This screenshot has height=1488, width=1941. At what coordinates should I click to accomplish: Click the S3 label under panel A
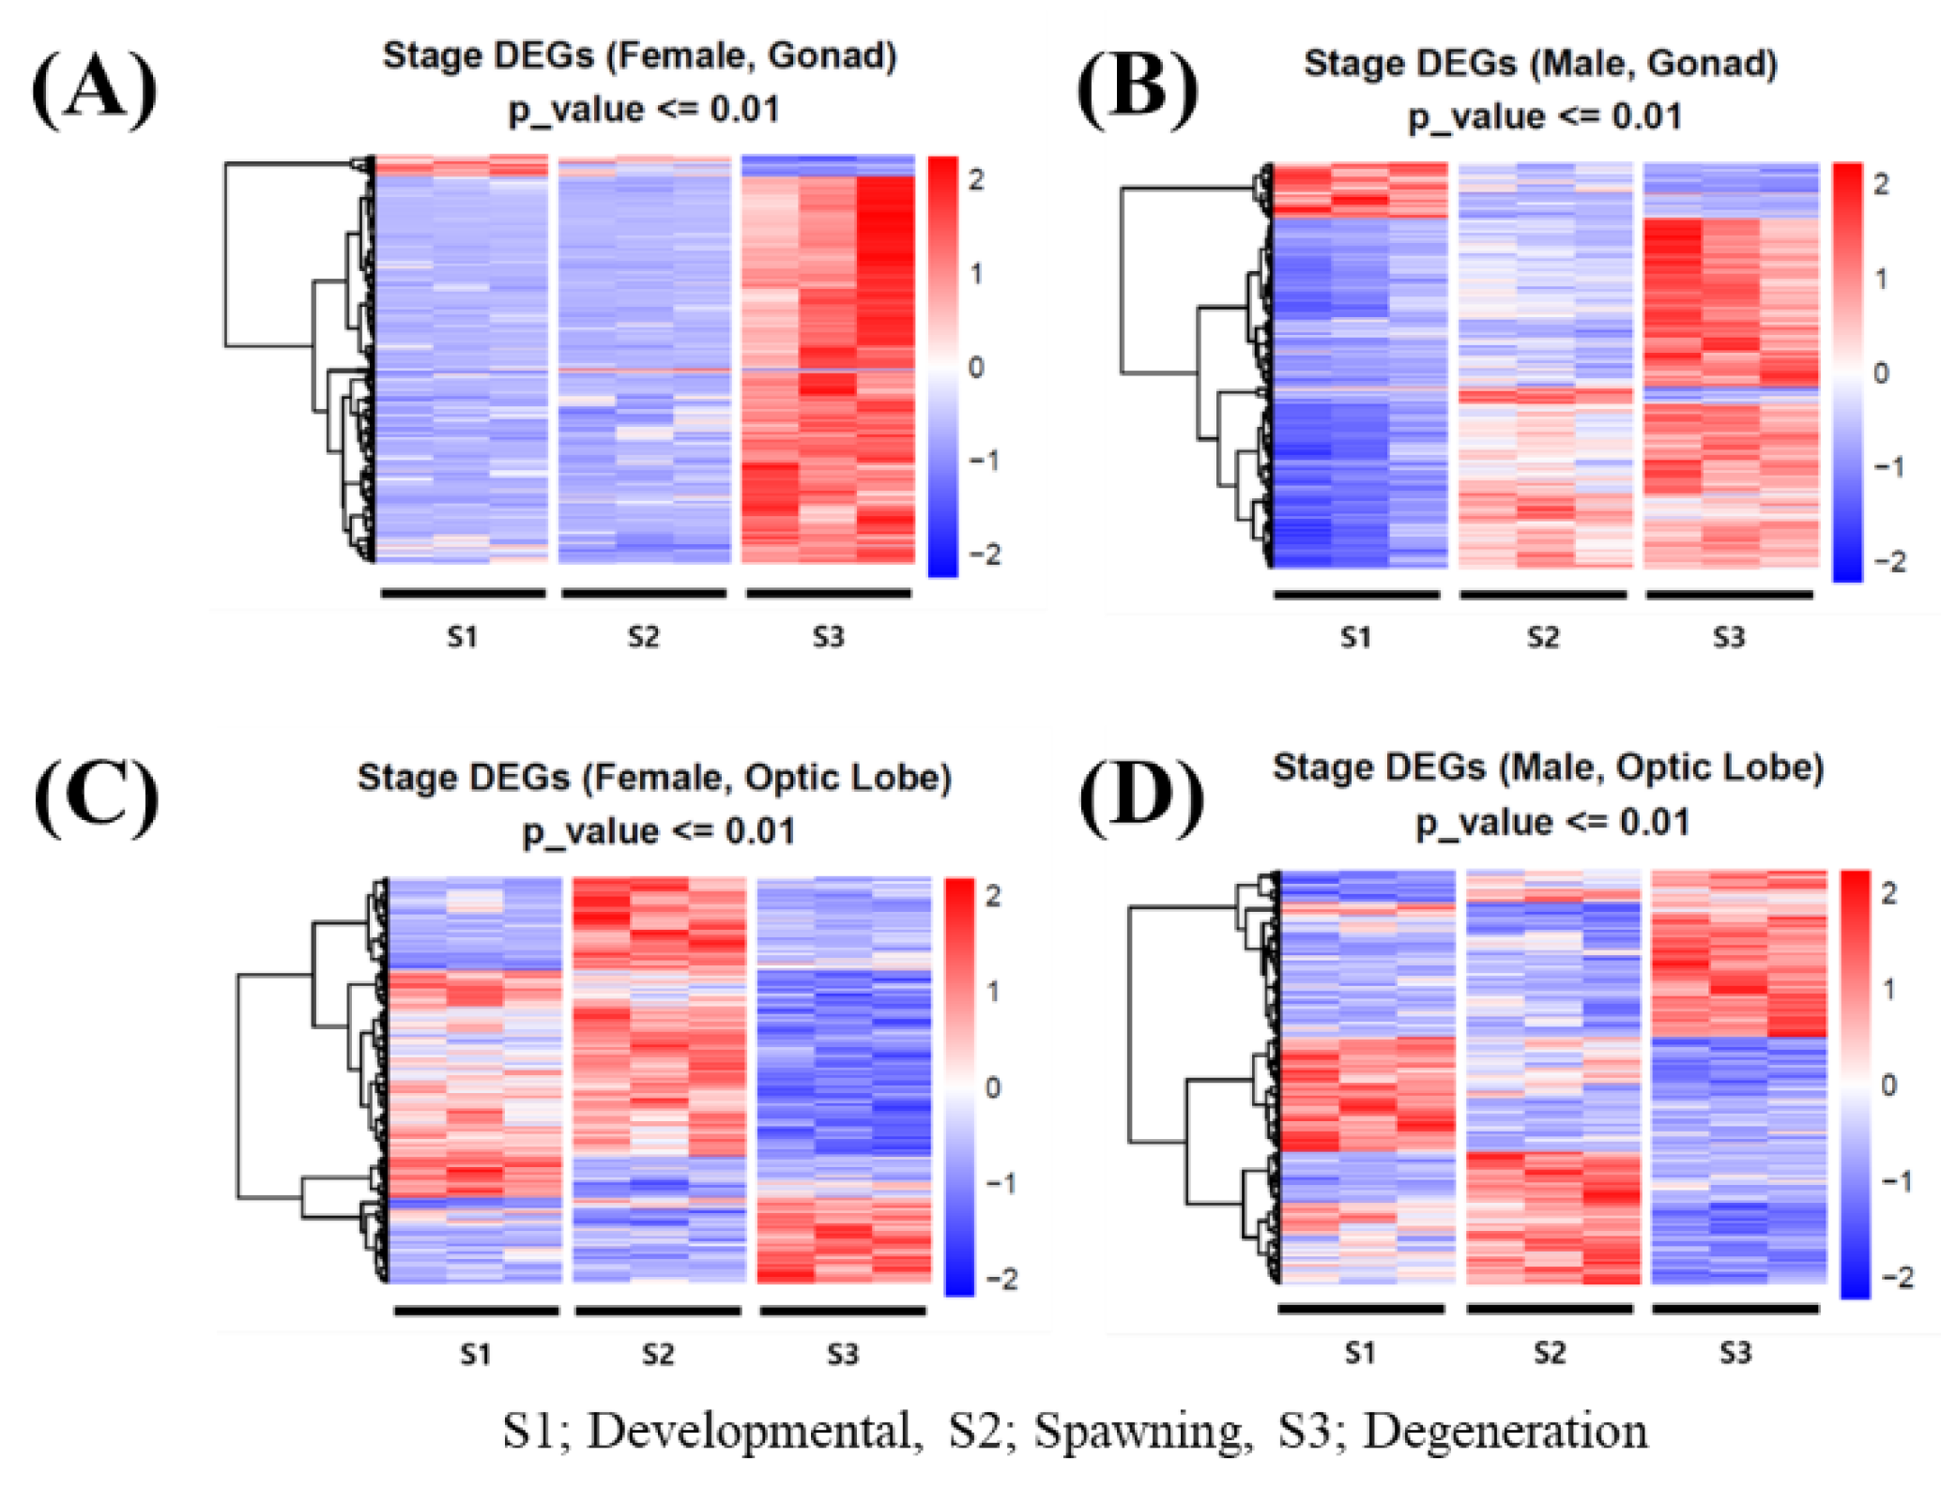pyautogui.click(x=828, y=638)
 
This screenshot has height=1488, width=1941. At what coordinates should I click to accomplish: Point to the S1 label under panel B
pyautogui.click(x=1355, y=638)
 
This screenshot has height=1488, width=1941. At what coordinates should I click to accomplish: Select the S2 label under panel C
pyautogui.click(x=657, y=1354)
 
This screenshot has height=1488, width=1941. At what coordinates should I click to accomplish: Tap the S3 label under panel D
pyautogui.click(x=1735, y=1353)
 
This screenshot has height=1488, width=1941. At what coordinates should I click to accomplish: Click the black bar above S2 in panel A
pyautogui.click(x=644, y=593)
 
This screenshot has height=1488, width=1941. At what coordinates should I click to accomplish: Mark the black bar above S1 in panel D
pyautogui.click(x=1360, y=1308)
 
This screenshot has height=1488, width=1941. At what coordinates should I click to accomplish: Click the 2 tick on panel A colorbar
pyautogui.click(x=976, y=179)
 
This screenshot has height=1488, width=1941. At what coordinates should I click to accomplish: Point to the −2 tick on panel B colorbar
pyautogui.click(x=1888, y=561)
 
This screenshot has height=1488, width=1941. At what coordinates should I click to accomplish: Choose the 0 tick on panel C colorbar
pyautogui.click(x=993, y=1087)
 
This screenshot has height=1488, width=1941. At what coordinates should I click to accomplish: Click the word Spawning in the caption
pyautogui.click(x=1142, y=1432)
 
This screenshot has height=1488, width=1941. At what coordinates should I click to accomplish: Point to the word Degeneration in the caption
pyautogui.click(x=1505, y=1432)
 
